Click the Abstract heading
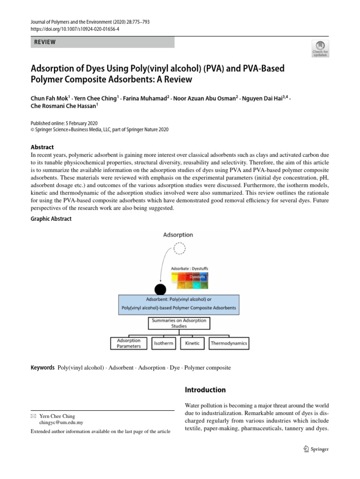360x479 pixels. [42, 147]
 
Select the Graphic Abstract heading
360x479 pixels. [51, 219]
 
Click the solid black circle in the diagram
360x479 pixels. [160, 290]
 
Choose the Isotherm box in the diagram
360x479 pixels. [164, 343]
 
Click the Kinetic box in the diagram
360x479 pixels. [192, 343]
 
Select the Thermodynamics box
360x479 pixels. [229, 343]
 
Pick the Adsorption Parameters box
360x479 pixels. [129, 343]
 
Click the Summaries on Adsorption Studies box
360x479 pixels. [179, 323]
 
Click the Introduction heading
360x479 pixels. [205, 390]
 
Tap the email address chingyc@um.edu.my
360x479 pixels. [57, 422]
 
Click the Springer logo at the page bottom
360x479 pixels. [316, 449]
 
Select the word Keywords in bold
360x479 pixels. [42, 368]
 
